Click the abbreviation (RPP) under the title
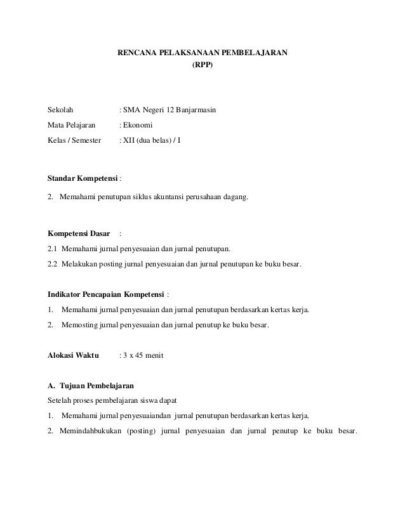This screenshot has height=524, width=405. coord(204,64)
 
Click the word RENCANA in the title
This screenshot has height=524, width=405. coord(135,52)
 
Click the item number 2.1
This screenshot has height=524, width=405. coord(53,249)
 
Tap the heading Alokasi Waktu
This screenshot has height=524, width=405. coord(74,356)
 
